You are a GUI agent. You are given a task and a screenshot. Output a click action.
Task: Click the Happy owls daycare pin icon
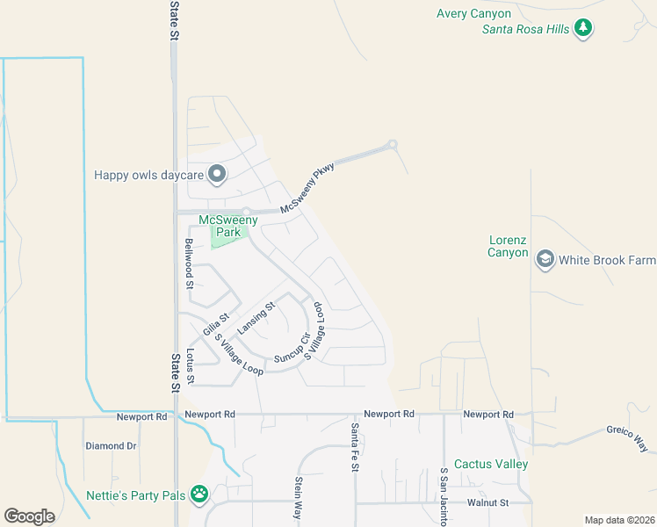(x=217, y=176)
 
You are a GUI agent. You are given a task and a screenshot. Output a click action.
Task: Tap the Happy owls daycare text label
(x=148, y=176)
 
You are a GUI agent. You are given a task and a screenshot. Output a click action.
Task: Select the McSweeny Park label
(x=228, y=227)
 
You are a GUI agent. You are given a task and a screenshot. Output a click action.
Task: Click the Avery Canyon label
(x=474, y=13)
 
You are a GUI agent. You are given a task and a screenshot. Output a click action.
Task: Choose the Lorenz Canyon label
(x=509, y=246)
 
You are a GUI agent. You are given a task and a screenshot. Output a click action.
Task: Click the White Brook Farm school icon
(x=545, y=260)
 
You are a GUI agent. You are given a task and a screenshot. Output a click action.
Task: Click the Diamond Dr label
(x=111, y=446)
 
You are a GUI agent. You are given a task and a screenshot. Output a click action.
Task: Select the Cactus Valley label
(x=491, y=464)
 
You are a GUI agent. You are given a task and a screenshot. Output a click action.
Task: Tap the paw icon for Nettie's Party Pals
(x=200, y=495)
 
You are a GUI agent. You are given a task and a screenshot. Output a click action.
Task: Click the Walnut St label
(x=488, y=502)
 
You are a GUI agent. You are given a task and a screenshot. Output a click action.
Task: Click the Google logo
(x=29, y=516)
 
